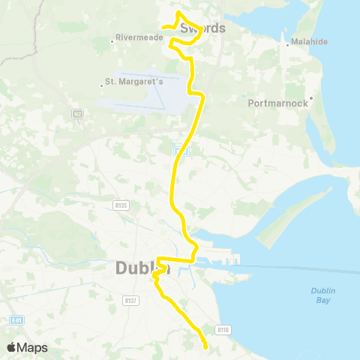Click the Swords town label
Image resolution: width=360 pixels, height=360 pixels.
[x=203, y=28]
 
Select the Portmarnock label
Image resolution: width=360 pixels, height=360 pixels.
[x=278, y=103]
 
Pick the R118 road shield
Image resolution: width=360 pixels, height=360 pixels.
[x=222, y=328]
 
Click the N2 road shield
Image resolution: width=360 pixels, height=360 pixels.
[x=77, y=114]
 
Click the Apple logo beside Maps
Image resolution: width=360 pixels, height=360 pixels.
[x=13, y=347]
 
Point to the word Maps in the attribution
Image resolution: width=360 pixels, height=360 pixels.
[x=34, y=347]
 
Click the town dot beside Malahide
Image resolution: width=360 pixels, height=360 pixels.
[x=287, y=44]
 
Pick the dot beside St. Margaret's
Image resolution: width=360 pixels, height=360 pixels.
[x=102, y=85]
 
